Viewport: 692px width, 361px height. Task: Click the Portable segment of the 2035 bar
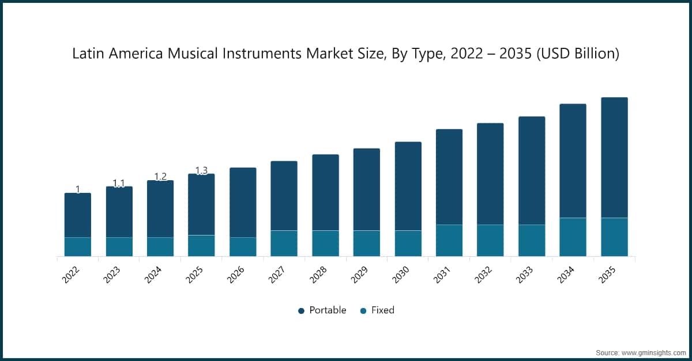tap(614, 157)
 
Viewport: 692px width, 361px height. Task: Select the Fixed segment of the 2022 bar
tap(77, 246)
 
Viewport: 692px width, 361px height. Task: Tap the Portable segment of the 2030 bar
tap(408, 186)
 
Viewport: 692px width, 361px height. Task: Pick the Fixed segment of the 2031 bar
tap(449, 240)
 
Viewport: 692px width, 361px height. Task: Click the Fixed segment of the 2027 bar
tap(284, 243)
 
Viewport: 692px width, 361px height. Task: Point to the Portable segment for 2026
tap(243, 202)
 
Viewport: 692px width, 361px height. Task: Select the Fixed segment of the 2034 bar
tap(573, 237)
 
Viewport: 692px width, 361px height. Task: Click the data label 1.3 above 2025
tap(201, 170)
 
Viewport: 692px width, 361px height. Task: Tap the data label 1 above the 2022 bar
tap(78, 189)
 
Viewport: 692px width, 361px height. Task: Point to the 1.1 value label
tap(119, 183)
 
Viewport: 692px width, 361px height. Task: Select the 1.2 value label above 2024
tap(160, 176)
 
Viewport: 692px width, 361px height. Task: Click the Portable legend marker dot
tap(301, 311)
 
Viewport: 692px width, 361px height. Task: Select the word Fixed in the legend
tap(382, 310)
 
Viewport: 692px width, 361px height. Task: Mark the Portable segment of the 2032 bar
tap(490, 173)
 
